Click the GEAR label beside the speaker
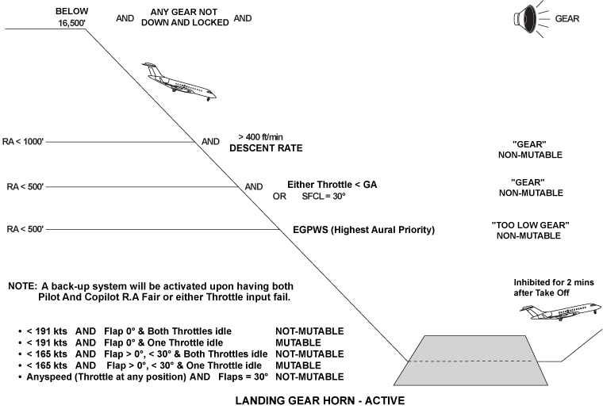click(x=567, y=18)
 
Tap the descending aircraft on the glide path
click(x=179, y=81)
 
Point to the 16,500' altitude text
click(x=72, y=24)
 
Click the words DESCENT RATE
click(x=266, y=148)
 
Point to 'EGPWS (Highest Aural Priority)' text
click(x=364, y=230)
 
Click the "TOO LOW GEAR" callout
click(x=530, y=225)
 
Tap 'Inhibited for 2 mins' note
click(x=553, y=283)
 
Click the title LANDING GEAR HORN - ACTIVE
click(x=301, y=400)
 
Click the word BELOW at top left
click(x=72, y=12)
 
